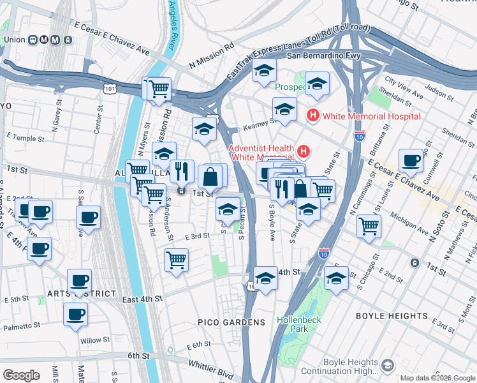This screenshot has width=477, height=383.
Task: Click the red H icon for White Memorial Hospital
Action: [313, 116]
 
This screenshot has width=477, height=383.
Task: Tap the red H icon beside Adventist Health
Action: [304, 152]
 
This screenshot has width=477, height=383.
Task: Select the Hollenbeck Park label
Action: [292, 324]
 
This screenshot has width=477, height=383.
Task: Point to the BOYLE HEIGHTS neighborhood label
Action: [392, 316]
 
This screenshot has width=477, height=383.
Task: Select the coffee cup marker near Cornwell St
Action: [411, 160]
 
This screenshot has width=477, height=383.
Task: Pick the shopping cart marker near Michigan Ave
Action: [369, 225]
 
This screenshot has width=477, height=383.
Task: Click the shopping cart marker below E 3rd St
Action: [176, 260]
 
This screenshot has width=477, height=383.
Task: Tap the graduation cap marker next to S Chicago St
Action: [336, 278]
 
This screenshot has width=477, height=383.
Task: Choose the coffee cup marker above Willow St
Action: [75, 314]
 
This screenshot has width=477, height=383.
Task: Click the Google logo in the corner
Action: [21, 375]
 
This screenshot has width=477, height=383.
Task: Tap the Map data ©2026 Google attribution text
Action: [437, 378]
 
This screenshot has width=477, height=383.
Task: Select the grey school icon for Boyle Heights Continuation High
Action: [388, 365]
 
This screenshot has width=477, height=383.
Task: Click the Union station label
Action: [14, 40]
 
